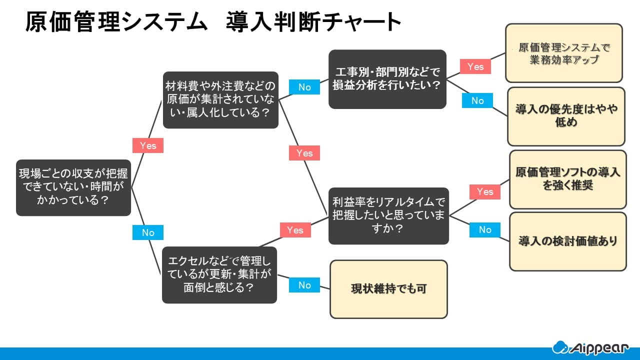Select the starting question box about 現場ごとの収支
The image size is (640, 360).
click(x=73, y=187)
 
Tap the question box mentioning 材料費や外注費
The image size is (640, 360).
click(x=220, y=100)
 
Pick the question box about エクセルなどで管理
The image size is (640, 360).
click(x=219, y=274)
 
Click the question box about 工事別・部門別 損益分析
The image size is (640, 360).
click(x=387, y=79)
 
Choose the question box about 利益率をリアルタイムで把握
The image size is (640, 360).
click(x=388, y=216)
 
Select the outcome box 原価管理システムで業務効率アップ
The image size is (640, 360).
click(x=564, y=53)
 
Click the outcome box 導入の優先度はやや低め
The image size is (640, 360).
click(x=566, y=116)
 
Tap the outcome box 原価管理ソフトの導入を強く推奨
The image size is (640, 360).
click(x=567, y=179)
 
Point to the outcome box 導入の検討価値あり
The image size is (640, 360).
click(x=567, y=241)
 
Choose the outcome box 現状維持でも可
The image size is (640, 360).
click(x=388, y=289)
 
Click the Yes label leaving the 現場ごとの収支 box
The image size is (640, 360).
click(x=148, y=145)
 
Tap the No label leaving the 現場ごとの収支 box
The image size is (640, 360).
click(x=148, y=232)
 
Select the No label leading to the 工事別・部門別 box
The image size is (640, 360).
click(x=304, y=87)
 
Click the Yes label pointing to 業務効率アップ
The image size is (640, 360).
click(x=475, y=66)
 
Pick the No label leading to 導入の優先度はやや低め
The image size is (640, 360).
click(x=477, y=100)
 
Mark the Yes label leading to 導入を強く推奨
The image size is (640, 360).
click(x=484, y=191)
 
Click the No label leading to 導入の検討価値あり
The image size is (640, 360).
click(x=485, y=229)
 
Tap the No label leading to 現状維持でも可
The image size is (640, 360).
click(x=304, y=285)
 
